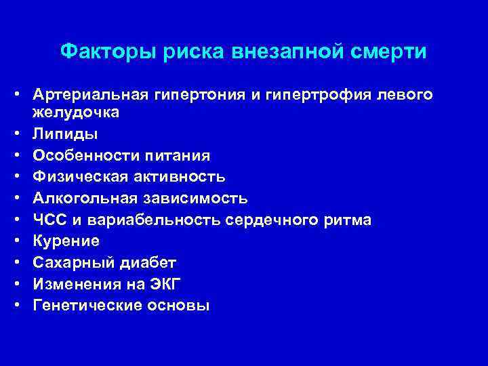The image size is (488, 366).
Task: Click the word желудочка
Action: click(x=75, y=112)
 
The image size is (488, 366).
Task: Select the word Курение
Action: click(x=65, y=241)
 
